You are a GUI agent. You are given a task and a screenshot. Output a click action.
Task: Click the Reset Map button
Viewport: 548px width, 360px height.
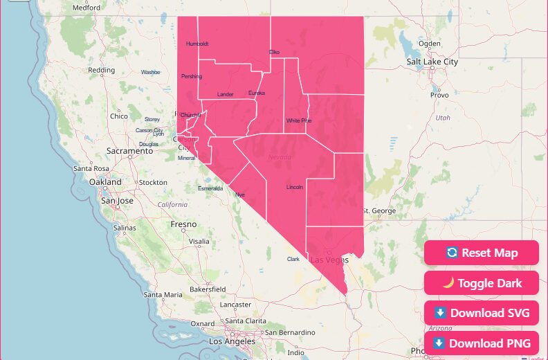point(481,253)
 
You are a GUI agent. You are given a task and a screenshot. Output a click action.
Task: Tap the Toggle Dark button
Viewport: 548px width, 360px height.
point(481,283)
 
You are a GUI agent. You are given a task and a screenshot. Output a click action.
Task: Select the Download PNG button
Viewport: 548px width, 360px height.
point(481,343)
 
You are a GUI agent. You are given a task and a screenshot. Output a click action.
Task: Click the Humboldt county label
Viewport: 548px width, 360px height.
point(197,44)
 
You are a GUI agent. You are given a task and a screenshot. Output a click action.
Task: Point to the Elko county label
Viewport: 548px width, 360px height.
point(274,52)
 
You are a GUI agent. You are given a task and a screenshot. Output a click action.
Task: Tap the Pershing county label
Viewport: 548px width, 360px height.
point(191,76)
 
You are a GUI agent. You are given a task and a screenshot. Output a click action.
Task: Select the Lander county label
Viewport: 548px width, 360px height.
point(226,94)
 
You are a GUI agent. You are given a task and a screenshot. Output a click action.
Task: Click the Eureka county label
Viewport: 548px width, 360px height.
point(257,93)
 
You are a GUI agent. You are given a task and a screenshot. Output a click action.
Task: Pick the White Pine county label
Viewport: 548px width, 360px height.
point(299,120)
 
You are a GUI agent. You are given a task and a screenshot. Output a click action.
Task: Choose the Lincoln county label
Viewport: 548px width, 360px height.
point(295,187)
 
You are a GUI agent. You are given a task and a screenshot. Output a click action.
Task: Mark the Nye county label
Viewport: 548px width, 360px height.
point(241,195)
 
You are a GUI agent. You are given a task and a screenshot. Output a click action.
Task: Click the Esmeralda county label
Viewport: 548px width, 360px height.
point(210,188)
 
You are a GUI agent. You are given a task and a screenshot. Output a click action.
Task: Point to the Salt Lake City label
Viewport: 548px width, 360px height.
point(432,62)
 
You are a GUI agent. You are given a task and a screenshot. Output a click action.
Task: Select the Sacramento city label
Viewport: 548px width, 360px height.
point(129,150)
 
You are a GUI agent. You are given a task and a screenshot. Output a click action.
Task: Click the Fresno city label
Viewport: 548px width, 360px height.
point(183,224)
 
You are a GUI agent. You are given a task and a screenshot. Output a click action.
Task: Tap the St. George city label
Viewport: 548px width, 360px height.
point(379,210)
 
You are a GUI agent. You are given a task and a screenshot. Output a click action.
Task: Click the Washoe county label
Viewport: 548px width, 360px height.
point(150,72)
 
